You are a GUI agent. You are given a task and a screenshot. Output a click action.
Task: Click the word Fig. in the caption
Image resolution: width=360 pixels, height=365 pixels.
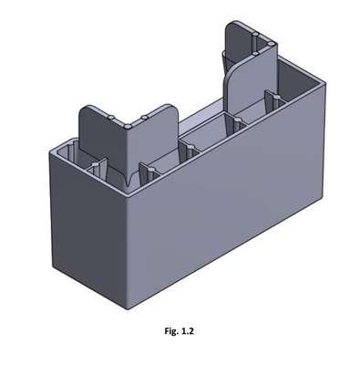click(x=171, y=331)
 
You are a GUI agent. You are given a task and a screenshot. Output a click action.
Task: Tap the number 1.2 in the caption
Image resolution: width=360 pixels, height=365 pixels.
click(x=187, y=330)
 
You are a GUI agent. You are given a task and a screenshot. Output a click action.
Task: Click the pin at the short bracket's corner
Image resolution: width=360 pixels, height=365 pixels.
click(x=128, y=126)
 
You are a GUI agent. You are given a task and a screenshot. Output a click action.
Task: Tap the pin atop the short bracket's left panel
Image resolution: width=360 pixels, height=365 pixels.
click(x=112, y=117)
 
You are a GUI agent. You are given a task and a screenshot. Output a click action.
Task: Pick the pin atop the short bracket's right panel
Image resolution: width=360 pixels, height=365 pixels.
click(x=144, y=118)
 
